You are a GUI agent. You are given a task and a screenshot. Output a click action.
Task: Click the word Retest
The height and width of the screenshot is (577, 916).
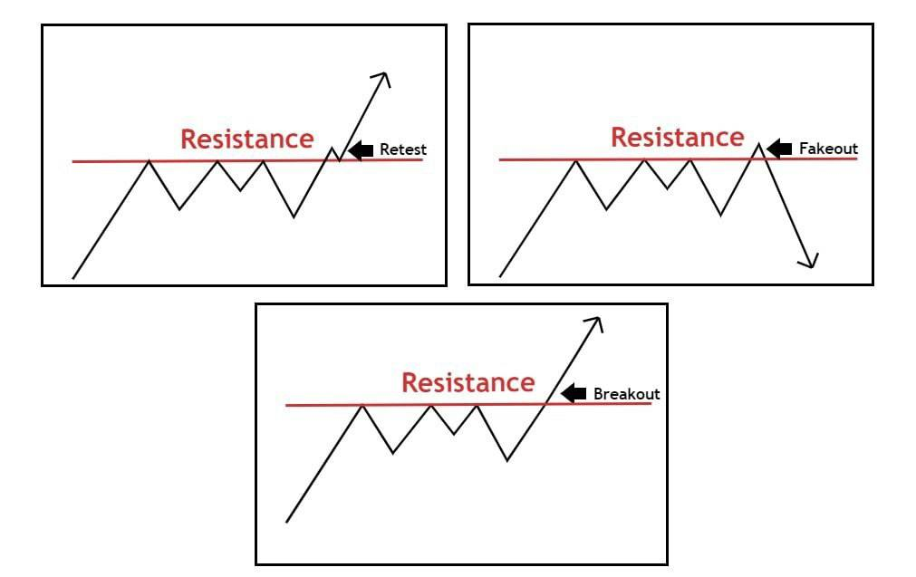click(402, 150)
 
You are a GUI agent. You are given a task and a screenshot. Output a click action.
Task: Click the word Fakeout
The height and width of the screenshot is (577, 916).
click(828, 148)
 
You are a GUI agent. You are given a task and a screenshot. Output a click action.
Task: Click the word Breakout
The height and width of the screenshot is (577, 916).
click(626, 394)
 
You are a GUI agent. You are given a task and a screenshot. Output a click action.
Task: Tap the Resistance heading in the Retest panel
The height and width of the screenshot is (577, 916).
click(246, 139)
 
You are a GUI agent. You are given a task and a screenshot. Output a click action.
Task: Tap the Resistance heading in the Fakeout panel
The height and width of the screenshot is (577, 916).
click(677, 138)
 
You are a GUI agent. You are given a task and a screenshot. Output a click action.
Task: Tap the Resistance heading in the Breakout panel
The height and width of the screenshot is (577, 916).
click(468, 382)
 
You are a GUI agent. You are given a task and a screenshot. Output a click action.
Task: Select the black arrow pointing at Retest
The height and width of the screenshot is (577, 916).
click(361, 150)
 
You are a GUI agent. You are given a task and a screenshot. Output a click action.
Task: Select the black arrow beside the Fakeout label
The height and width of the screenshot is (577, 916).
click(779, 148)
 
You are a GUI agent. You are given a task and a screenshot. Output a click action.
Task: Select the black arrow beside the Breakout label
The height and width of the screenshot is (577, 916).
click(574, 393)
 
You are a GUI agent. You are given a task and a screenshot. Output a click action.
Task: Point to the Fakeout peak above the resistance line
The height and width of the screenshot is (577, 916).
click(758, 143)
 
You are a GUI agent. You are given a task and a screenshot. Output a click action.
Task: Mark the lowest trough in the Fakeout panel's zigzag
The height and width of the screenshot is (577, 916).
click(721, 216)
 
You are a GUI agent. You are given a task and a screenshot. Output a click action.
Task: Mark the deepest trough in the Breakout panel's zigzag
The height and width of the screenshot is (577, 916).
click(506, 460)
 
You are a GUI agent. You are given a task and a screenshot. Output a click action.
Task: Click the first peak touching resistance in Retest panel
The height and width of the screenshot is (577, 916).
click(149, 161)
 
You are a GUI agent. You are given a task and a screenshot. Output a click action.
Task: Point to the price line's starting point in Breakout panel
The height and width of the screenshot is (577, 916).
click(286, 522)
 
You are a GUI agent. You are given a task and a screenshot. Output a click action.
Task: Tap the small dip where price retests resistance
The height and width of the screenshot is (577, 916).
click(340, 160)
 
